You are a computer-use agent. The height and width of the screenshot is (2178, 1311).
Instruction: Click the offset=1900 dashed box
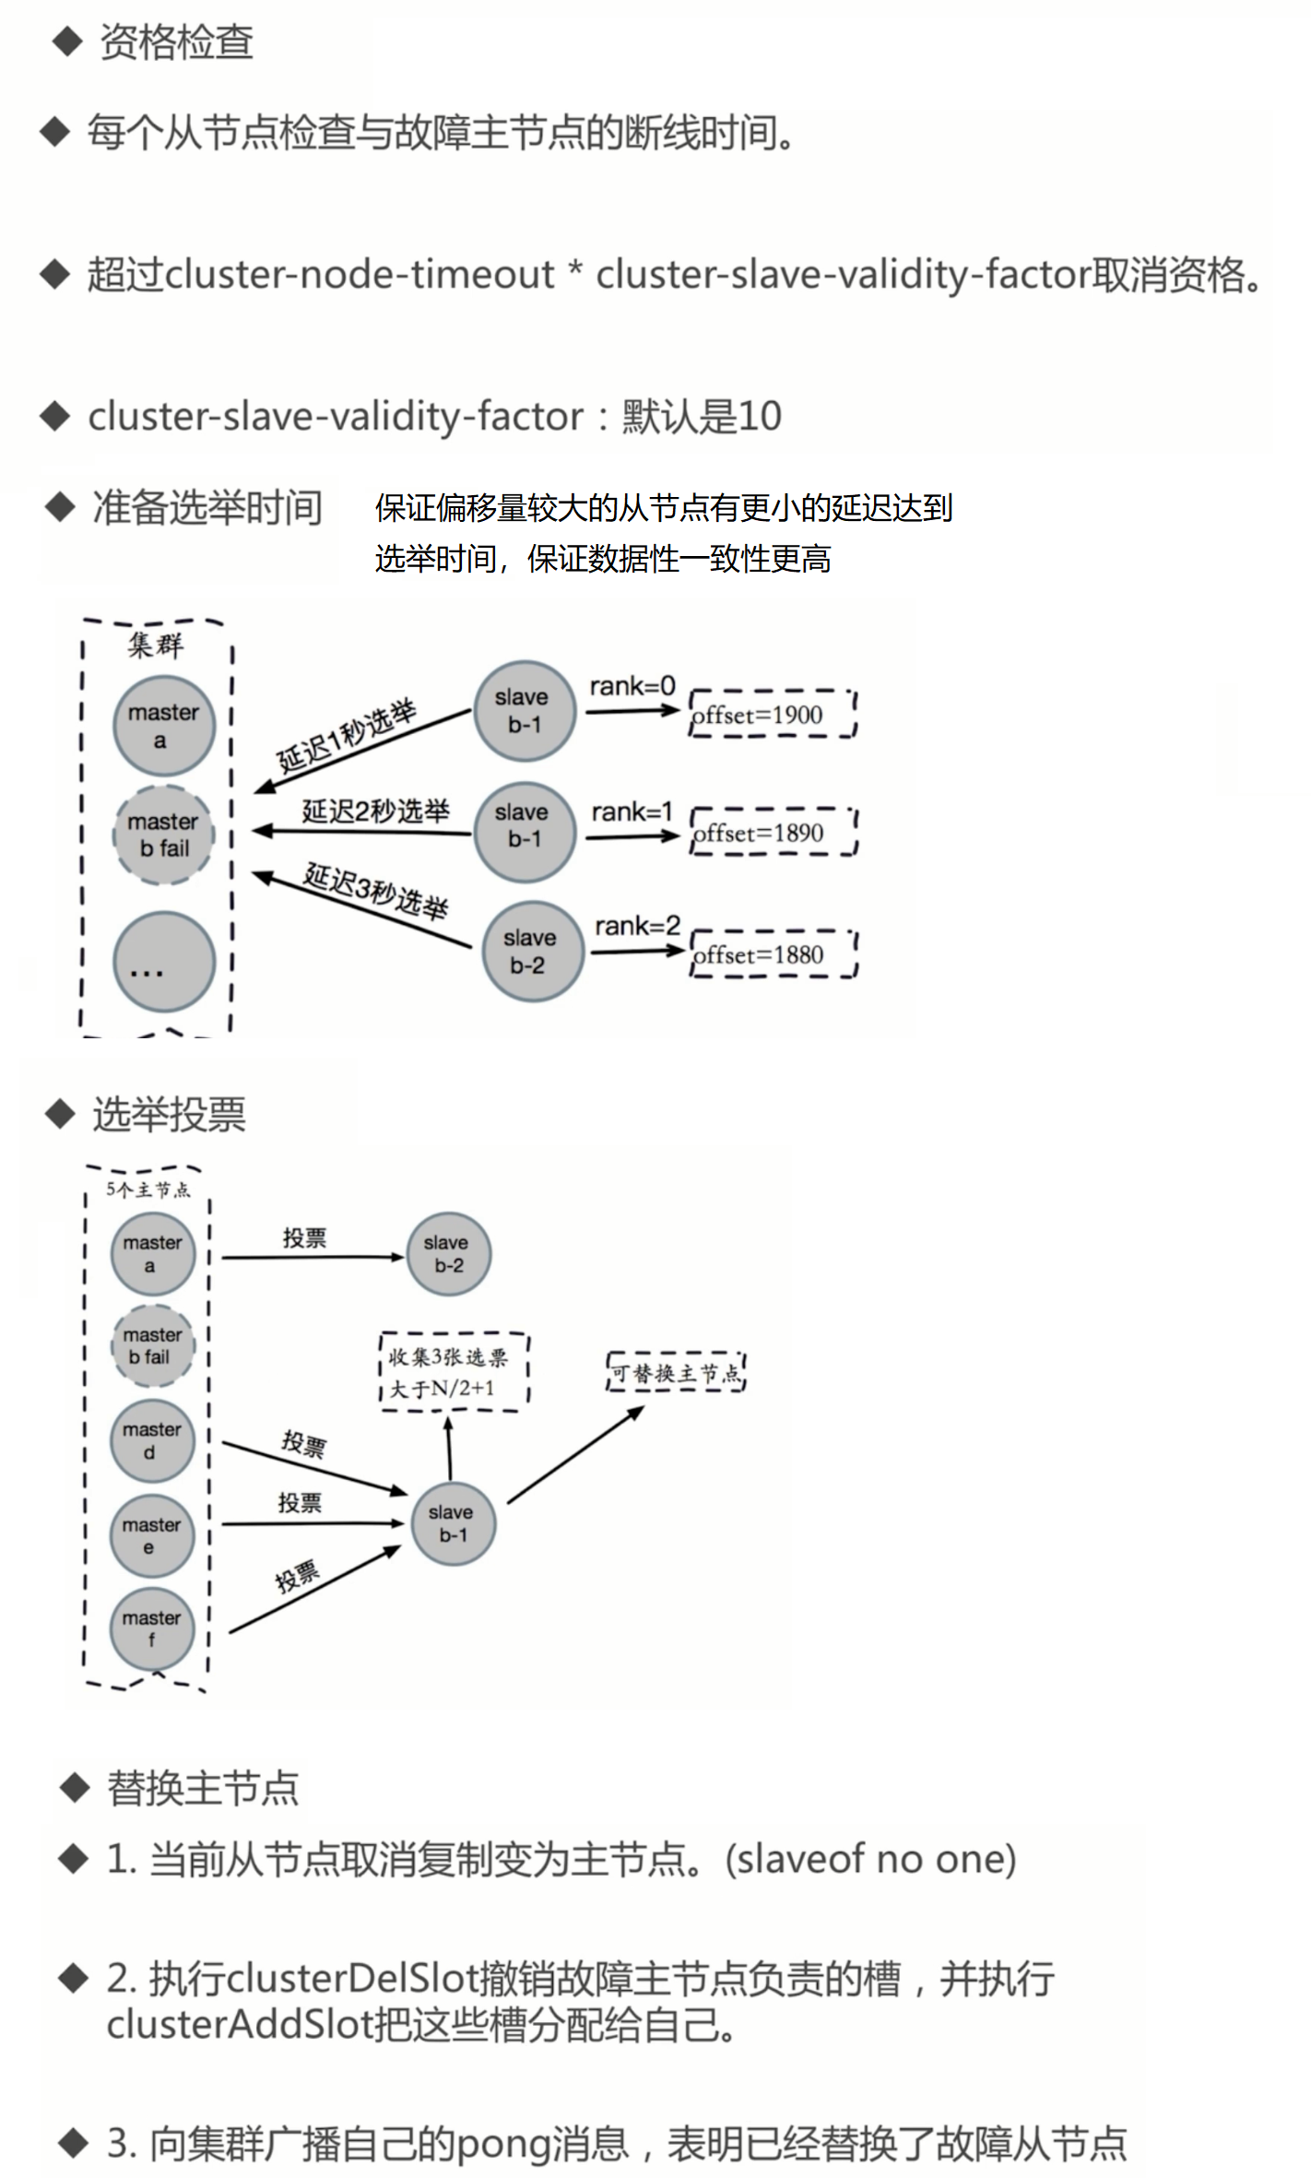(774, 714)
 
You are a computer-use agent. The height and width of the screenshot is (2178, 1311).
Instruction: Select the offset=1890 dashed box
(774, 833)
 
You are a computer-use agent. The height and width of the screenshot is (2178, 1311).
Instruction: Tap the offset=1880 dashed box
(774, 954)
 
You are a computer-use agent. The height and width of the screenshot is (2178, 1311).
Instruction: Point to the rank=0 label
(632, 687)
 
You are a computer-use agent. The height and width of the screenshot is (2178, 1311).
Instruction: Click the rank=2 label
(637, 926)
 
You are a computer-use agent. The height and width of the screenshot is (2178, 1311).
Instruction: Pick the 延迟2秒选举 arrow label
(375, 811)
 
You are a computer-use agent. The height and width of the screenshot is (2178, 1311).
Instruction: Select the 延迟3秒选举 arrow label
(376, 890)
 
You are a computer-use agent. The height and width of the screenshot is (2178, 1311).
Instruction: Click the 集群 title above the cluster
(156, 645)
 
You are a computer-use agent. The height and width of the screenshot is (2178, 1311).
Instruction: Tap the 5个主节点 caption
(148, 1190)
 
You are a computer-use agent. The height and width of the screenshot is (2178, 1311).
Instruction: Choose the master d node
(152, 1440)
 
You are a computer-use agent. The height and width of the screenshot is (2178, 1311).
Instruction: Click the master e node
(152, 1535)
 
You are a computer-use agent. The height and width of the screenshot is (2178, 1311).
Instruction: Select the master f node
(152, 1628)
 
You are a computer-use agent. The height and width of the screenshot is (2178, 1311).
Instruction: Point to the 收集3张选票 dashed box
(454, 1372)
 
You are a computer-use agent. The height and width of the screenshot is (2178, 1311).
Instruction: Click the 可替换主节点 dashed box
(676, 1373)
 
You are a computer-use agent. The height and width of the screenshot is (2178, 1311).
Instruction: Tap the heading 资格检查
(176, 42)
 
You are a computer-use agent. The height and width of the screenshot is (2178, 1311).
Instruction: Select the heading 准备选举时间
(207, 507)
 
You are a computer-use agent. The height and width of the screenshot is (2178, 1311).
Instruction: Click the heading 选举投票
(169, 1114)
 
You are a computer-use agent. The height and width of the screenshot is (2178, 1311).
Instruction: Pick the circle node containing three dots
(164, 962)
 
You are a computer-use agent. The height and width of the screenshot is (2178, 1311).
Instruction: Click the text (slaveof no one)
(870, 1858)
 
